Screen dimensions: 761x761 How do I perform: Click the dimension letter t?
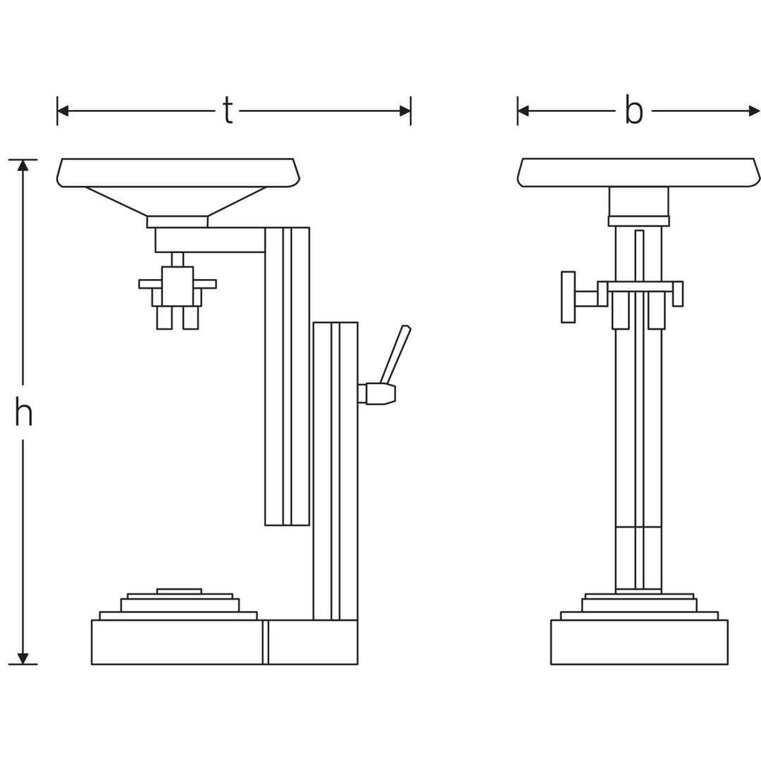(x=228, y=111)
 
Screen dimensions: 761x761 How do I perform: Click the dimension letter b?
(x=634, y=111)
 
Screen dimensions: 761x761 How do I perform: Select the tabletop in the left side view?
(x=178, y=173)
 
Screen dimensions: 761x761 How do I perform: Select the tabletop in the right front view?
(x=638, y=173)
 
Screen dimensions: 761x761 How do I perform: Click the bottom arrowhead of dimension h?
(x=23, y=658)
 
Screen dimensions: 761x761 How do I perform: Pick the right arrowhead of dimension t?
(x=404, y=111)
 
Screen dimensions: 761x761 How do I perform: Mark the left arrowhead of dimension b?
(x=524, y=111)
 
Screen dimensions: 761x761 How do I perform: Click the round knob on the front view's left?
(x=568, y=297)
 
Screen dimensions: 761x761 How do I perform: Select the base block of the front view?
(x=638, y=642)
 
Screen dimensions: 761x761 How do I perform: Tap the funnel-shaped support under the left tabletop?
(x=176, y=201)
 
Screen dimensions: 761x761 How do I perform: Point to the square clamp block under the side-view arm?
(x=178, y=286)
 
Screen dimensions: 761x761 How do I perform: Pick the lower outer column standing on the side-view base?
(x=335, y=472)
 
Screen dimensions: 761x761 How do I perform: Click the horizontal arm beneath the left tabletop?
(x=210, y=240)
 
